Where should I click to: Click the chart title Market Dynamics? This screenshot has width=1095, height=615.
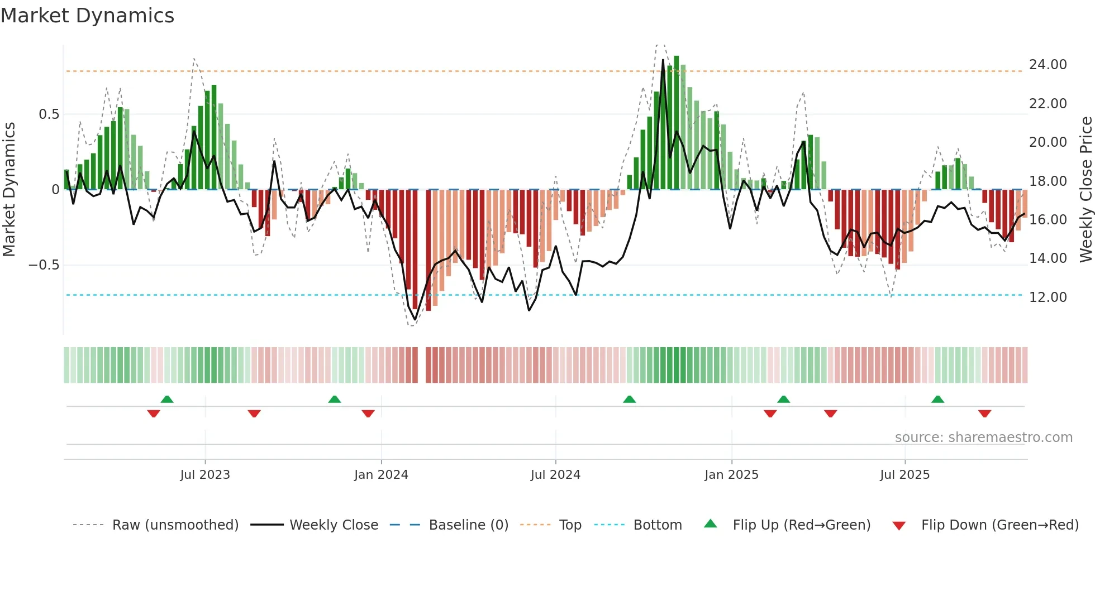[x=87, y=16]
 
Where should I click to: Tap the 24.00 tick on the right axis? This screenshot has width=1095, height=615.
[x=1048, y=65]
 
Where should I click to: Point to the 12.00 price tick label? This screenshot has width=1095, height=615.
[x=1048, y=297]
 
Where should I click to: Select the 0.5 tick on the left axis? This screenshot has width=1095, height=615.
[x=49, y=114]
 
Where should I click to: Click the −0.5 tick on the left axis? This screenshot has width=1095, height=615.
[x=44, y=265]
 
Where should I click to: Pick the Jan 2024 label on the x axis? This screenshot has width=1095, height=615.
[x=381, y=475]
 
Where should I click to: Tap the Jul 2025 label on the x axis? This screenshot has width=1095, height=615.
[x=904, y=475]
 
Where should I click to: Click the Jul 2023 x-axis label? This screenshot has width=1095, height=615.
[x=205, y=475]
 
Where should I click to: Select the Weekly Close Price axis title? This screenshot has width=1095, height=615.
[x=1086, y=189]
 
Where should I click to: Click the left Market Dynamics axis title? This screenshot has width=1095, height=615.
[x=9, y=189]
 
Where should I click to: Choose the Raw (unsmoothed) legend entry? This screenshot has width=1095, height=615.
[x=156, y=525]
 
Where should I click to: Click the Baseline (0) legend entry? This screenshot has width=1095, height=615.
[x=449, y=525]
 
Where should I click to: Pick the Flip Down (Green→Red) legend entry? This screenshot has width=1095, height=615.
[x=985, y=525]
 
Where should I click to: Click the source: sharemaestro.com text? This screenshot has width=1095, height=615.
[x=983, y=438]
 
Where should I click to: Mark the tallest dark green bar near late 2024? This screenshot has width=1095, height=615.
[x=676, y=123]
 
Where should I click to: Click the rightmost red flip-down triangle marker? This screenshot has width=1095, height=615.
[x=984, y=414]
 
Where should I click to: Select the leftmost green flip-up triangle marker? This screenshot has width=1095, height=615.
[x=167, y=400]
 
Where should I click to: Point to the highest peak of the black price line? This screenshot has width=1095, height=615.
[x=663, y=60]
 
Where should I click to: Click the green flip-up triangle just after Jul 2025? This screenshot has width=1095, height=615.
[x=937, y=400]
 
